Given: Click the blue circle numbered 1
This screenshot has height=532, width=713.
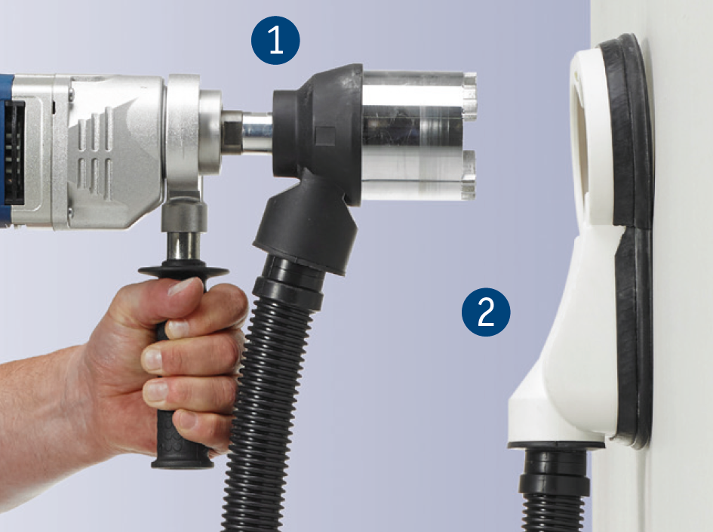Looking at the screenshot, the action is pyautogui.click(x=275, y=40).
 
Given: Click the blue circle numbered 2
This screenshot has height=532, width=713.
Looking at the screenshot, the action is pyautogui.click(x=486, y=312).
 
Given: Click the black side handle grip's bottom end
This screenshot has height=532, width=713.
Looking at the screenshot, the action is pyautogui.click(x=183, y=462).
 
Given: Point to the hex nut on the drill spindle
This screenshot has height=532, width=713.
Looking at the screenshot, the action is pyautogui.click(x=231, y=133).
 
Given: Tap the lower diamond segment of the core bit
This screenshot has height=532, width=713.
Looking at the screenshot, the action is pyautogui.click(x=469, y=174).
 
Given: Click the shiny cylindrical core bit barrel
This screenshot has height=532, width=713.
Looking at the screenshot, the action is pyautogui.click(x=412, y=136).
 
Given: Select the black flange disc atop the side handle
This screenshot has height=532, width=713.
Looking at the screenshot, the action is pyautogui.click(x=183, y=272).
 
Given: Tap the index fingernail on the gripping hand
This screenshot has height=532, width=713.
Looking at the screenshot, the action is pyautogui.click(x=179, y=329).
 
